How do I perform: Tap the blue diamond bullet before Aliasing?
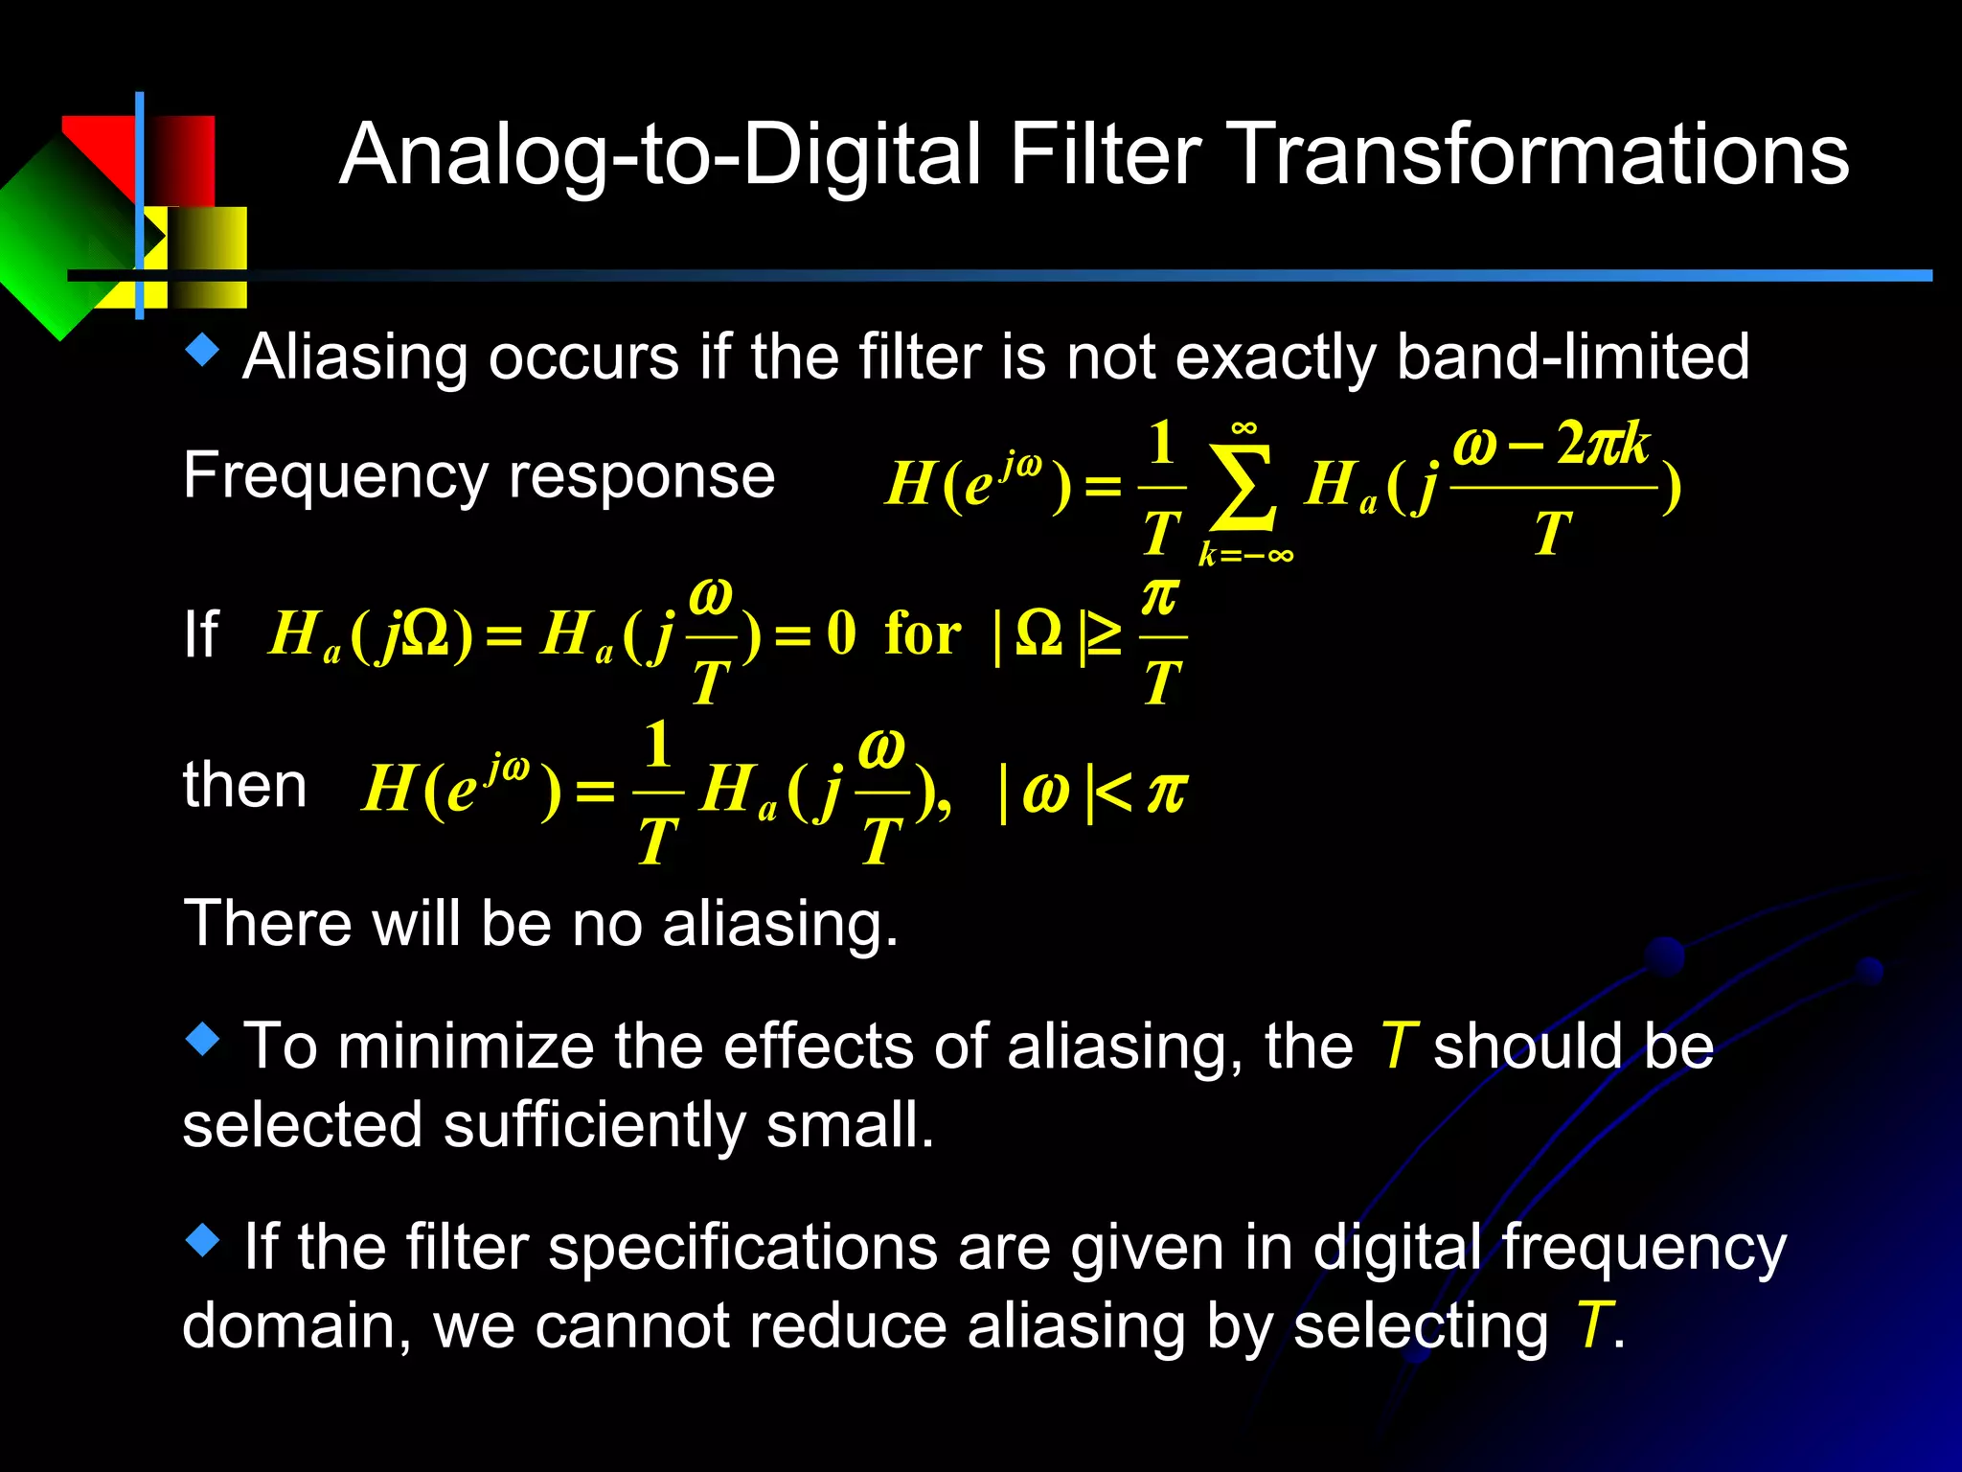pyautogui.click(x=202, y=351)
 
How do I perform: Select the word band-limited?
pyautogui.click(x=1572, y=357)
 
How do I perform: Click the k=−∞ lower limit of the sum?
pyautogui.click(x=1245, y=555)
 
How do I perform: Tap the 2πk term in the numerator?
pyautogui.click(x=1602, y=444)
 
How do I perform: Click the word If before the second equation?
pyautogui.click(x=200, y=634)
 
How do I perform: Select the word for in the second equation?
pyautogui.click(x=923, y=634)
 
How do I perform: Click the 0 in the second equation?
pyautogui.click(x=840, y=633)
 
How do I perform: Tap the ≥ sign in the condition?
pyautogui.click(x=1103, y=634)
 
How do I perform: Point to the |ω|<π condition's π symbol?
pyautogui.click(x=1166, y=792)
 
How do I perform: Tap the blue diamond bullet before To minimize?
pyautogui.click(x=202, y=1039)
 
